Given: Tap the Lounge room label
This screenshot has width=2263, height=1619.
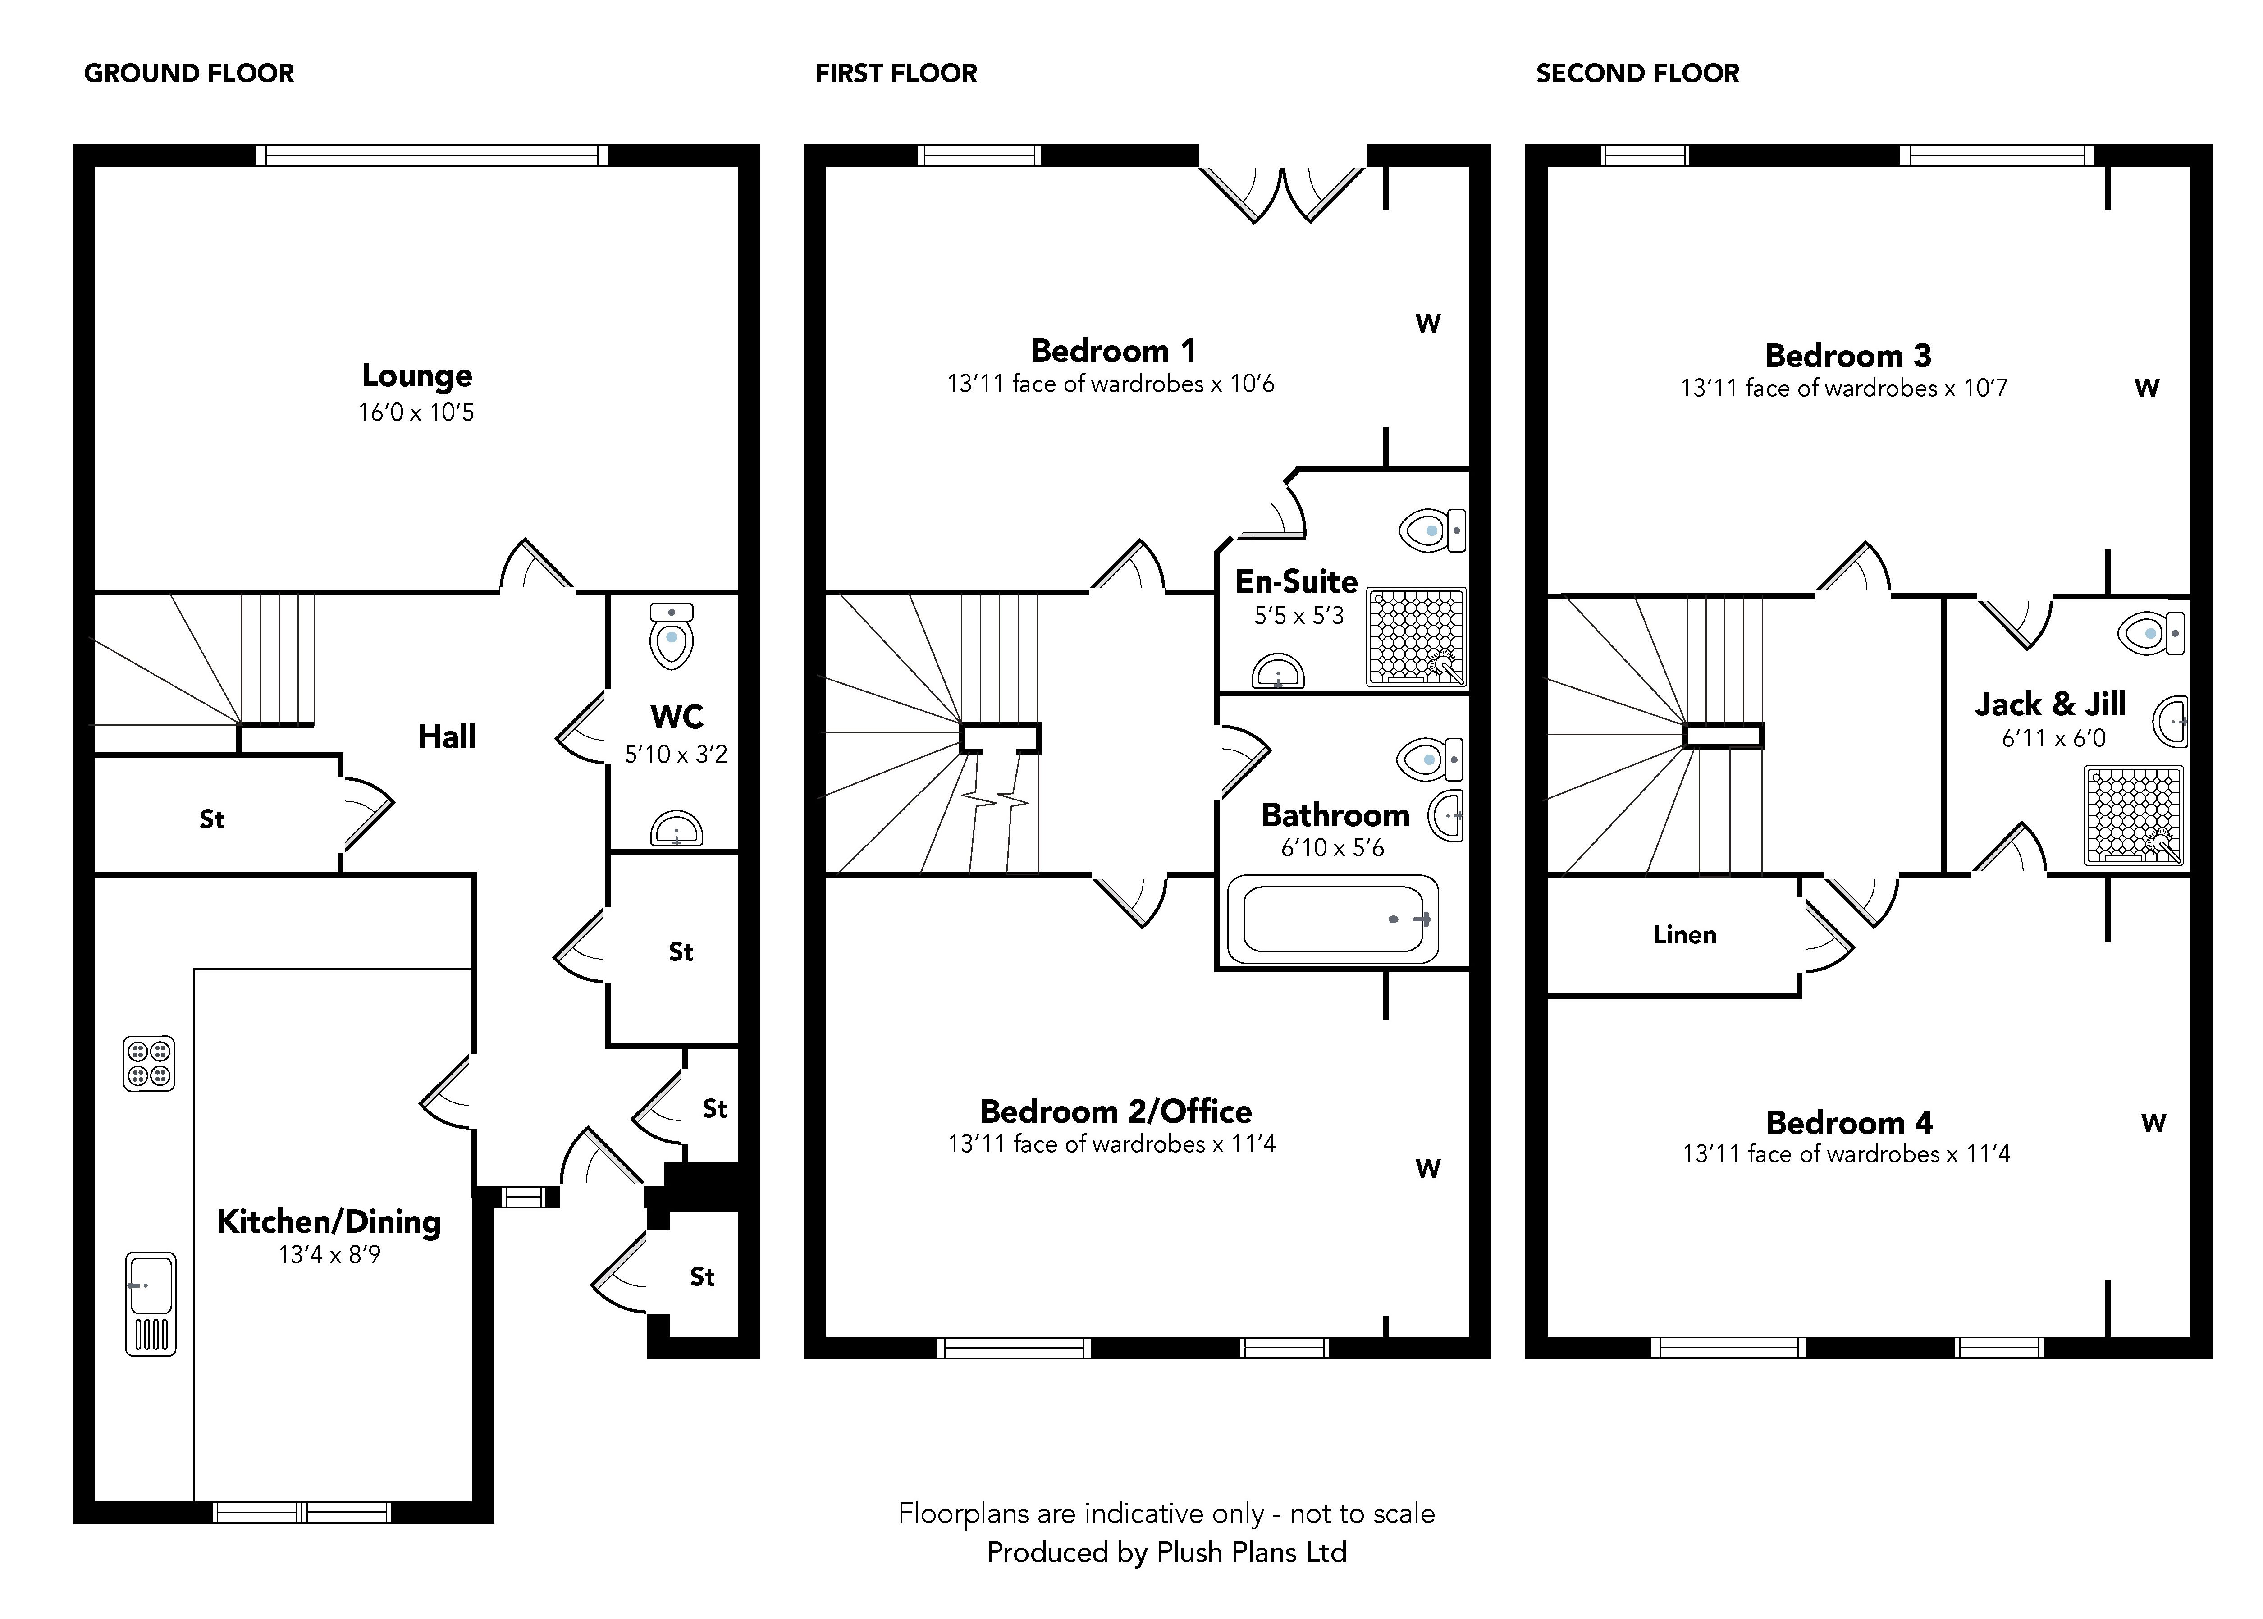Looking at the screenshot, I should pyautogui.click(x=417, y=376).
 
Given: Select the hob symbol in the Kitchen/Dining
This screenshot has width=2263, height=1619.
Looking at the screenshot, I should pyautogui.click(x=149, y=1064).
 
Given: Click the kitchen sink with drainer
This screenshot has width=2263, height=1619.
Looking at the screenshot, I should pyautogui.click(x=151, y=1303).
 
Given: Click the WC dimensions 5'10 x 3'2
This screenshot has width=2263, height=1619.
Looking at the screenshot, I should pyautogui.click(x=676, y=755).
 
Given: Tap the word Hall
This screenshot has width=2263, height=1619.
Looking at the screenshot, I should pyautogui.click(x=447, y=737).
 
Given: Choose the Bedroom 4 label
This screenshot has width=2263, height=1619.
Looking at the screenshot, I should pyautogui.click(x=1849, y=1123).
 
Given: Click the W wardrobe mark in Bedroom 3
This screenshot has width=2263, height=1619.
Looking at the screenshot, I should pyautogui.click(x=2146, y=389).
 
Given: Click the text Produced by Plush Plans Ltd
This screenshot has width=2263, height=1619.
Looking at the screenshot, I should pyautogui.click(x=1166, y=1552).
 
